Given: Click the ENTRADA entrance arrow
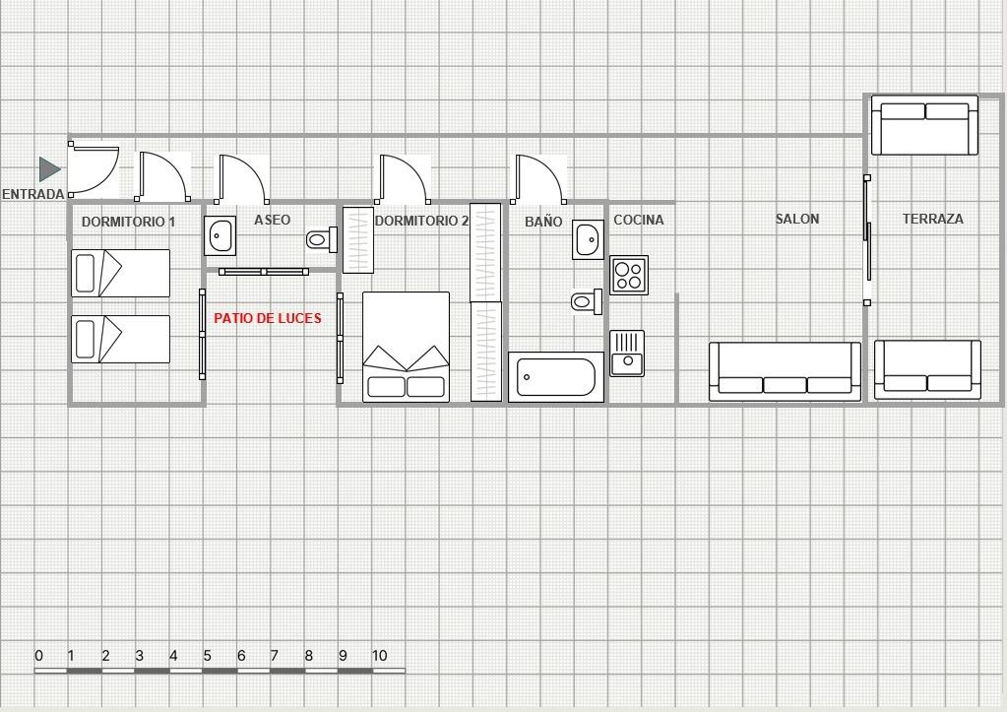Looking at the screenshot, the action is (x=49, y=169).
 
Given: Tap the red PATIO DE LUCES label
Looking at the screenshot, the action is (x=267, y=318).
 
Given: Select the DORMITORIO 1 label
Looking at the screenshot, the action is (x=128, y=222).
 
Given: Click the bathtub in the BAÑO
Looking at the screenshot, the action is (x=556, y=377).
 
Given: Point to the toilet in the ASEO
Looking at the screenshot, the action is (x=322, y=239).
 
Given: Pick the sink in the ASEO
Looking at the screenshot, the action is (x=220, y=235).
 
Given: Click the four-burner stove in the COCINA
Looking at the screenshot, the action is (x=629, y=275).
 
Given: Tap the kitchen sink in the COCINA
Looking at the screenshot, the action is (x=627, y=354).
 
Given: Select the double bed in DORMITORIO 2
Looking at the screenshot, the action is (x=406, y=347).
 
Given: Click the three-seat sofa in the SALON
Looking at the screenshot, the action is (x=785, y=371).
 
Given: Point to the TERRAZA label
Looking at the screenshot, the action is (x=932, y=220).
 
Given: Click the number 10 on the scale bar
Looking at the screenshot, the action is (x=380, y=656).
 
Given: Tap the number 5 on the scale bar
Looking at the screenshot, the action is (x=207, y=656).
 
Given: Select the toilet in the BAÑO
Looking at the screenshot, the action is (x=587, y=301).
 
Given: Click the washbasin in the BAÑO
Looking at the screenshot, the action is (x=589, y=239).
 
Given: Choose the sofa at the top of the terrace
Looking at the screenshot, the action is (x=924, y=125).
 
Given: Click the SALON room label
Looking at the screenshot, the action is (x=797, y=220).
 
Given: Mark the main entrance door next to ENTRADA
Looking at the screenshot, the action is (x=94, y=169).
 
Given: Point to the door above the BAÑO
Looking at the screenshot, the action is (x=538, y=178).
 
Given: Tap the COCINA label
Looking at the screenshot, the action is (x=639, y=220).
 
